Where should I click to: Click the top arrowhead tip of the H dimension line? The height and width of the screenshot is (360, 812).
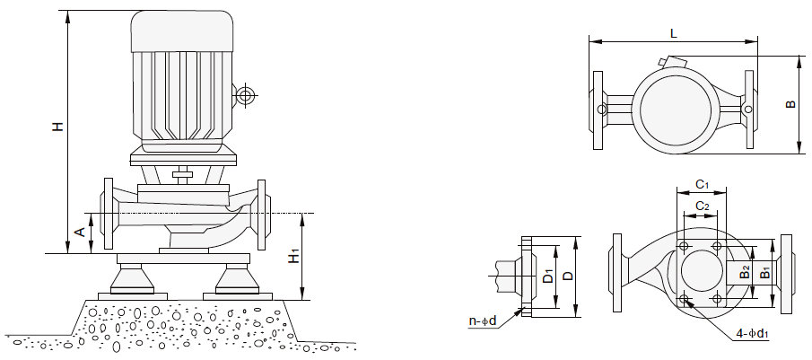tap(67, 11)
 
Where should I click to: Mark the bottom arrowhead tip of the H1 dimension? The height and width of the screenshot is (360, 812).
tap(301, 299)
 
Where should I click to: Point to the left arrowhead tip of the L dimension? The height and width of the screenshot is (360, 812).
tap(589, 41)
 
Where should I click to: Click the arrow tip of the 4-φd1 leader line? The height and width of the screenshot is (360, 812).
tap(685, 298)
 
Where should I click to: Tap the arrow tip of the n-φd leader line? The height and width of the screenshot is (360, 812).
tap(523, 308)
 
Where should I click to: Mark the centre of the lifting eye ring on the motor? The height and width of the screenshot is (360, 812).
tap(244, 96)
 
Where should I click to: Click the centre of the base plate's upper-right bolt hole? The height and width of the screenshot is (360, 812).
tap(717, 245)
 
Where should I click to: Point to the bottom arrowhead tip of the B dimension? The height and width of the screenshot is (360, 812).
tap(798, 154)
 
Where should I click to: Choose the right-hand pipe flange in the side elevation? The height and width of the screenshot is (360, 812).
tap(261, 215)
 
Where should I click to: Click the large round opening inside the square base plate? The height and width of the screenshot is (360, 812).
tap(702, 271)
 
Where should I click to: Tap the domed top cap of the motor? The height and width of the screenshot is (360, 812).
tap(182, 31)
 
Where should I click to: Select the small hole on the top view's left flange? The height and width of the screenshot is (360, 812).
tap(601, 110)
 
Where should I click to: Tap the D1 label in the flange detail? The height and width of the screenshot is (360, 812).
tap(548, 277)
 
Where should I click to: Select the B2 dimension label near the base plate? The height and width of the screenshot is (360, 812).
tap(745, 272)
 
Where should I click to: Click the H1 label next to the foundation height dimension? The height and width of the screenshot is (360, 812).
tap(294, 256)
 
